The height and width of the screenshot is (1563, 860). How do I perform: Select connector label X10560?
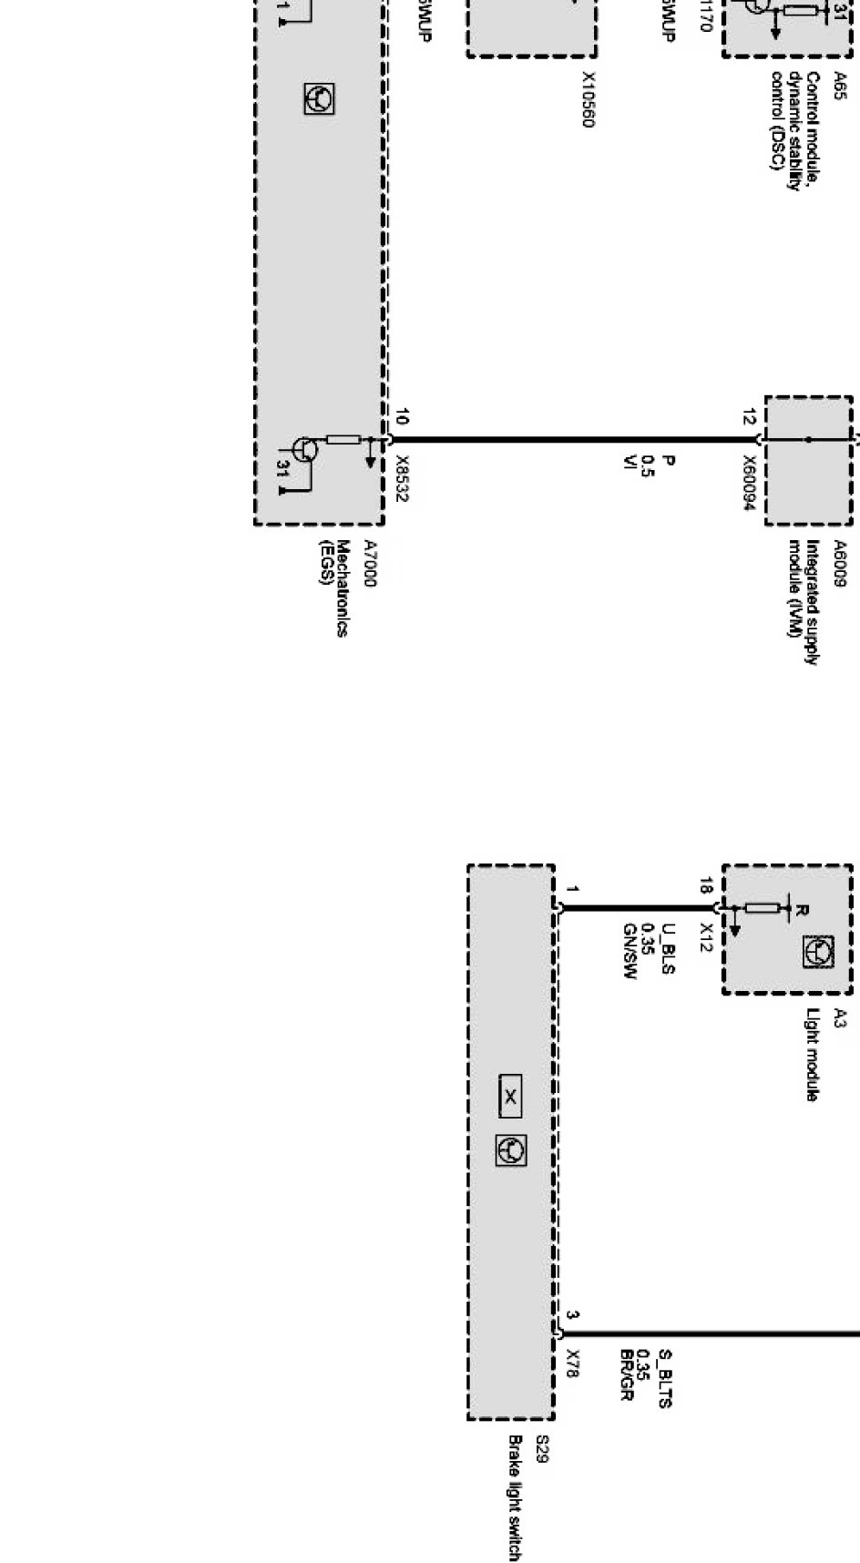(x=588, y=100)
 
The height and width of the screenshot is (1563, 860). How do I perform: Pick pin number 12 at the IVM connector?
(x=748, y=418)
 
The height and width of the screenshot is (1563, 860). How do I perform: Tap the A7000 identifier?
(x=370, y=563)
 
